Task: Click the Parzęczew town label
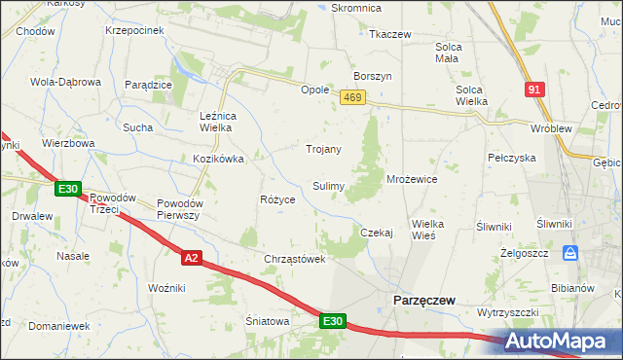pyautogui.click(x=423, y=301)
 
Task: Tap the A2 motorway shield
pyautogui.click(x=192, y=257)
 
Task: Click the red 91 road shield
pyautogui.click(x=532, y=90)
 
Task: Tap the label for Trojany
pyautogui.click(x=323, y=149)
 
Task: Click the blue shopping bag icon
pyautogui.click(x=571, y=253)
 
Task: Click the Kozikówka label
pyautogui.click(x=218, y=158)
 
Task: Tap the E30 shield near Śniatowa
pyautogui.click(x=332, y=320)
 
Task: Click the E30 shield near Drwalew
pyautogui.click(x=67, y=188)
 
